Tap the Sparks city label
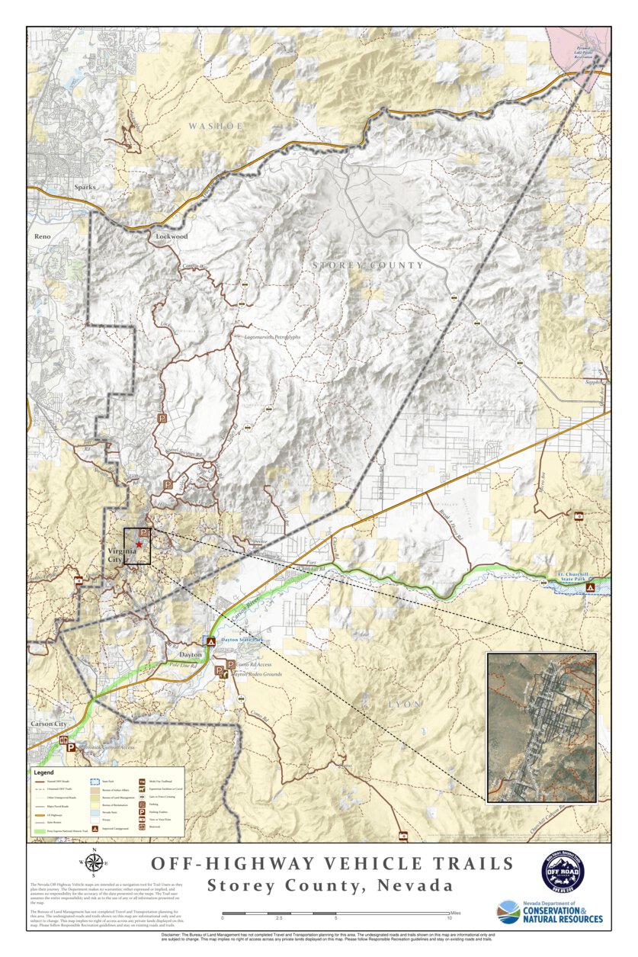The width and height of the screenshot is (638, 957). click(x=85, y=186)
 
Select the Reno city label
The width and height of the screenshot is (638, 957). click(x=42, y=236)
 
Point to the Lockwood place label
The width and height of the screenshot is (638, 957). click(x=172, y=236)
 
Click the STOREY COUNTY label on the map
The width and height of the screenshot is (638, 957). click(x=367, y=265)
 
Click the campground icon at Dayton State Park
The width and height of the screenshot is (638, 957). click(x=210, y=642)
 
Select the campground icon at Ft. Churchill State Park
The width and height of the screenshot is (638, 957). click(x=590, y=589)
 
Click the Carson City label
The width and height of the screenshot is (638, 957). click(x=50, y=723)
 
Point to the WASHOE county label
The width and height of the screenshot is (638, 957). click(x=216, y=125)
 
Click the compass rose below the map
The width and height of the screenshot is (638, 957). click(x=95, y=862)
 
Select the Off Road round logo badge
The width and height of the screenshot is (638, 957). click(x=563, y=870)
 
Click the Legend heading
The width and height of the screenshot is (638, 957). click(x=43, y=772)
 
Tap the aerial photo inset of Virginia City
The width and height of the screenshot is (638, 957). click(x=541, y=727)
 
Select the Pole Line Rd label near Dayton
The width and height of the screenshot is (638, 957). click(x=183, y=666)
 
